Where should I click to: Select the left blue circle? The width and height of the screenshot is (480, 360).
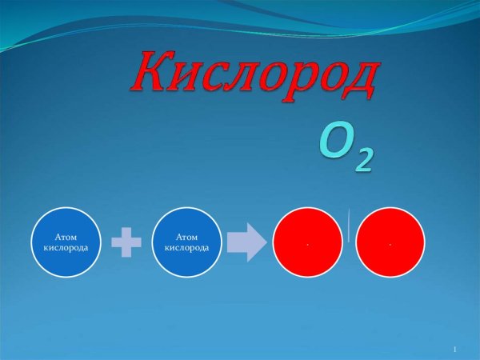pyautogui.click(x=66, y=242)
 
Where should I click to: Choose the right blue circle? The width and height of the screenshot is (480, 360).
pyautogui.click(x=187, y=242)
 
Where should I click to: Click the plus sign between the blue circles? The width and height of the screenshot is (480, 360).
pyautogui.click(x=126, y=242)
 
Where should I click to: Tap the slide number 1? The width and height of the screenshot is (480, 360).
pyautogui.click(x=454, y=350)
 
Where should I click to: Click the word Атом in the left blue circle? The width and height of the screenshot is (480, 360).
pyautogui.click(x=66, y=238)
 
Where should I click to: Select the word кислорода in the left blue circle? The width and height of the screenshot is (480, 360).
pyautogui.click(x=66, y=247)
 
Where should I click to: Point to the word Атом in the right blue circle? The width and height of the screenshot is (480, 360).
pyautogui.click(x=187, y=238)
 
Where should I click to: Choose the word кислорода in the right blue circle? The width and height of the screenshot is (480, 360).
pyautogui.click(x=187, y=247)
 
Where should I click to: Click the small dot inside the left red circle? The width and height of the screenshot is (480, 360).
pyautogui.click(x=306, y=244)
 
